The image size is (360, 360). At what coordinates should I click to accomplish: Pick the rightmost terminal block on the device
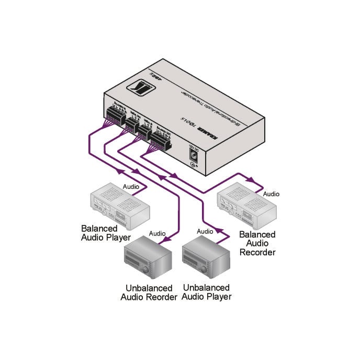(159, 138)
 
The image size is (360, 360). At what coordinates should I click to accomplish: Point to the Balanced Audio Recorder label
(257, 243)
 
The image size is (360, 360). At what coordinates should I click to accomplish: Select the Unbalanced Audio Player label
(207, 292)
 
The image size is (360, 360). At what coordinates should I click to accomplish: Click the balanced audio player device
(119, 205)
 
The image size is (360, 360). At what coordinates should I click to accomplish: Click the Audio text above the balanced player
(131, 186)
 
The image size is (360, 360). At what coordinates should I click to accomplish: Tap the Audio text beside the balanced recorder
(271, 194)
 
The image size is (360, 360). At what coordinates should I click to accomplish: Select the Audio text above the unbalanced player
(205, 231)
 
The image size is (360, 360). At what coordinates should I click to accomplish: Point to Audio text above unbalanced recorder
(157, 233)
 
